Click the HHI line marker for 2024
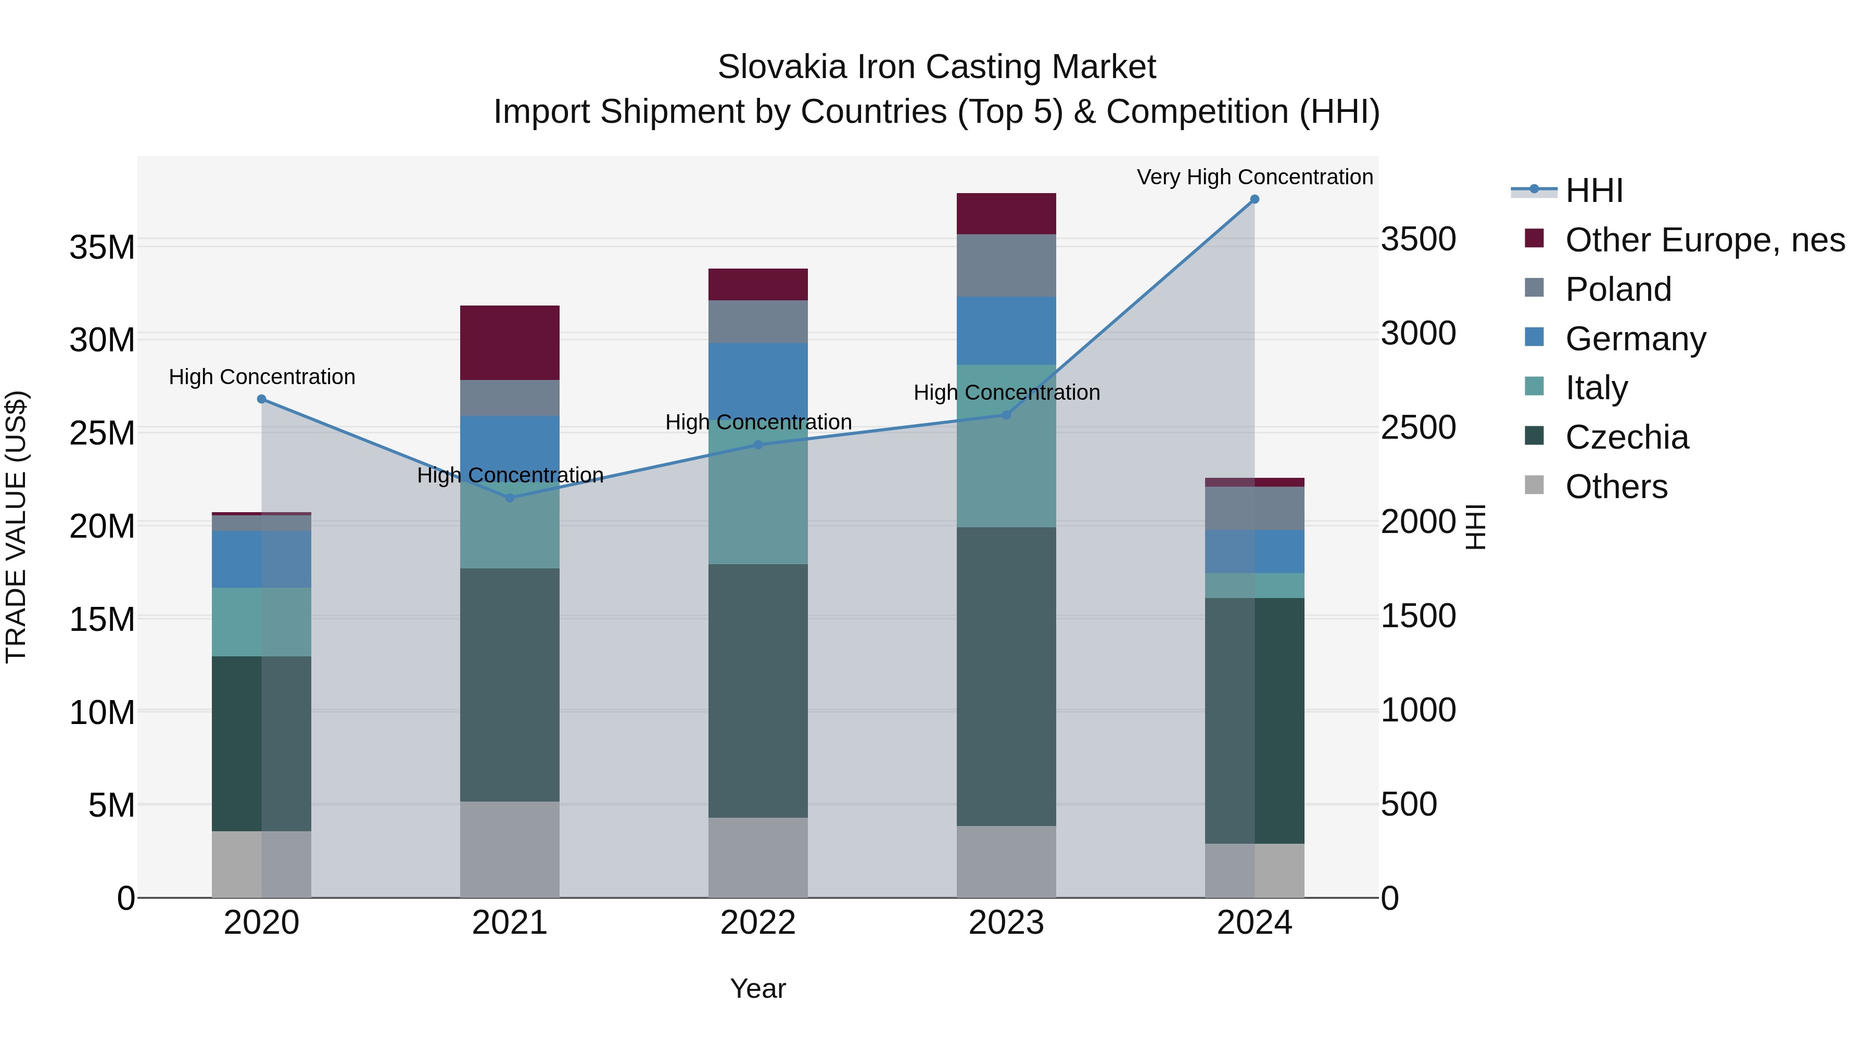pos(1254,199)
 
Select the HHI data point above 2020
pos(262,399)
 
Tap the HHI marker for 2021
pos(510,498)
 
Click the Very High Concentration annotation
pos(1254,177)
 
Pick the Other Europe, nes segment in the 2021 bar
pos(510,342)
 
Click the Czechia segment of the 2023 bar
pos(1006,677)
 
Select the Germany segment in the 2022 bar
pos(758,378)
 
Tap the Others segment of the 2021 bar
pos(510,849)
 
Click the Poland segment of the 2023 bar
pos(1006,265)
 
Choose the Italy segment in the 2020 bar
pos(262,622)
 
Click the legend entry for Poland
pos(1618,289)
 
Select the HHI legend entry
pos(1593,191)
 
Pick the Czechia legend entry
pos(1627,438)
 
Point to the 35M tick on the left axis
pos(102,247)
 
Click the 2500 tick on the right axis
pos(1419,428)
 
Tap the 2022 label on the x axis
pos(758,923)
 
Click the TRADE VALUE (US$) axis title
pos(16,527)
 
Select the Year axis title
pos(758,988)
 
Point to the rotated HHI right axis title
pos(1475,527)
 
